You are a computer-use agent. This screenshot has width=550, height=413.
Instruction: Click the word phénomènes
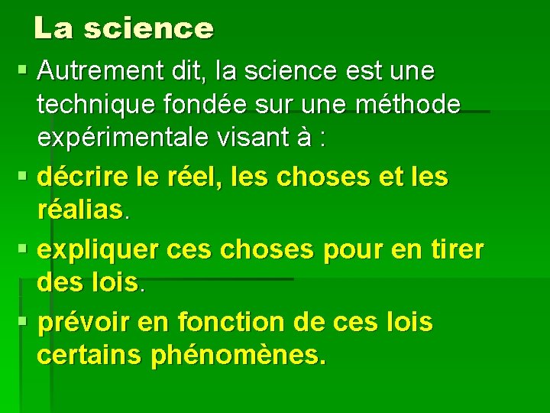point(238,356)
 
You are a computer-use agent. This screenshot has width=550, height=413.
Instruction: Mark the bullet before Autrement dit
point(23,71)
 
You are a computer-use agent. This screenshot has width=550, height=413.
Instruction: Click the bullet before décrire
point(23,177)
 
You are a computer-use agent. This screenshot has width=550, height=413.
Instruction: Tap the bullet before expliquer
point(23,249)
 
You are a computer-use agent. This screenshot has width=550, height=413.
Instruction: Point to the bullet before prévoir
point(23,322)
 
